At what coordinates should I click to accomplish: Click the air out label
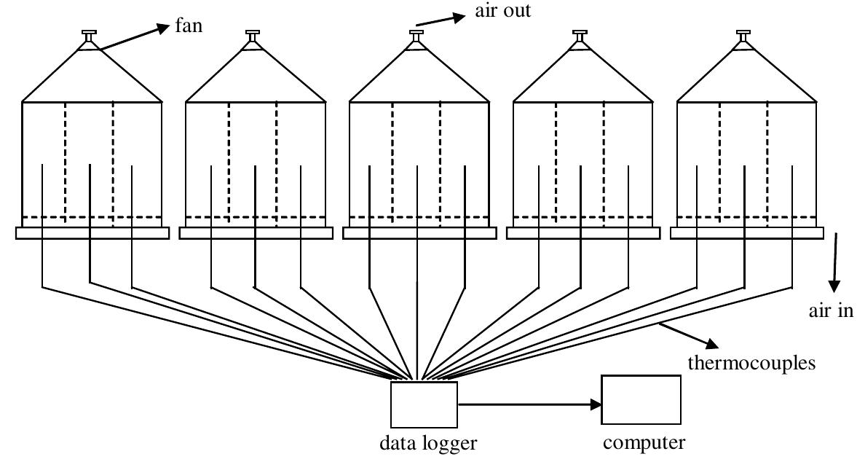502,11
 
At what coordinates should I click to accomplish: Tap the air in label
830,311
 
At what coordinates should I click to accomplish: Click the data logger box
424,404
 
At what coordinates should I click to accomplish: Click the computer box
641,399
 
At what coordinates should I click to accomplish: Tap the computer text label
644,443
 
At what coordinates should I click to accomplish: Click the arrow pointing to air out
441,20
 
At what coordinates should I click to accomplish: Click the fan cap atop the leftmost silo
89,36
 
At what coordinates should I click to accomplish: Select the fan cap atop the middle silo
416,36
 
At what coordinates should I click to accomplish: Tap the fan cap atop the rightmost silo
743,36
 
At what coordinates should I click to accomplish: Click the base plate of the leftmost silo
92,232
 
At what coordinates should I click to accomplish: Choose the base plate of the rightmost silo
746,232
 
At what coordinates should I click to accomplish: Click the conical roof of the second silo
255,80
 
